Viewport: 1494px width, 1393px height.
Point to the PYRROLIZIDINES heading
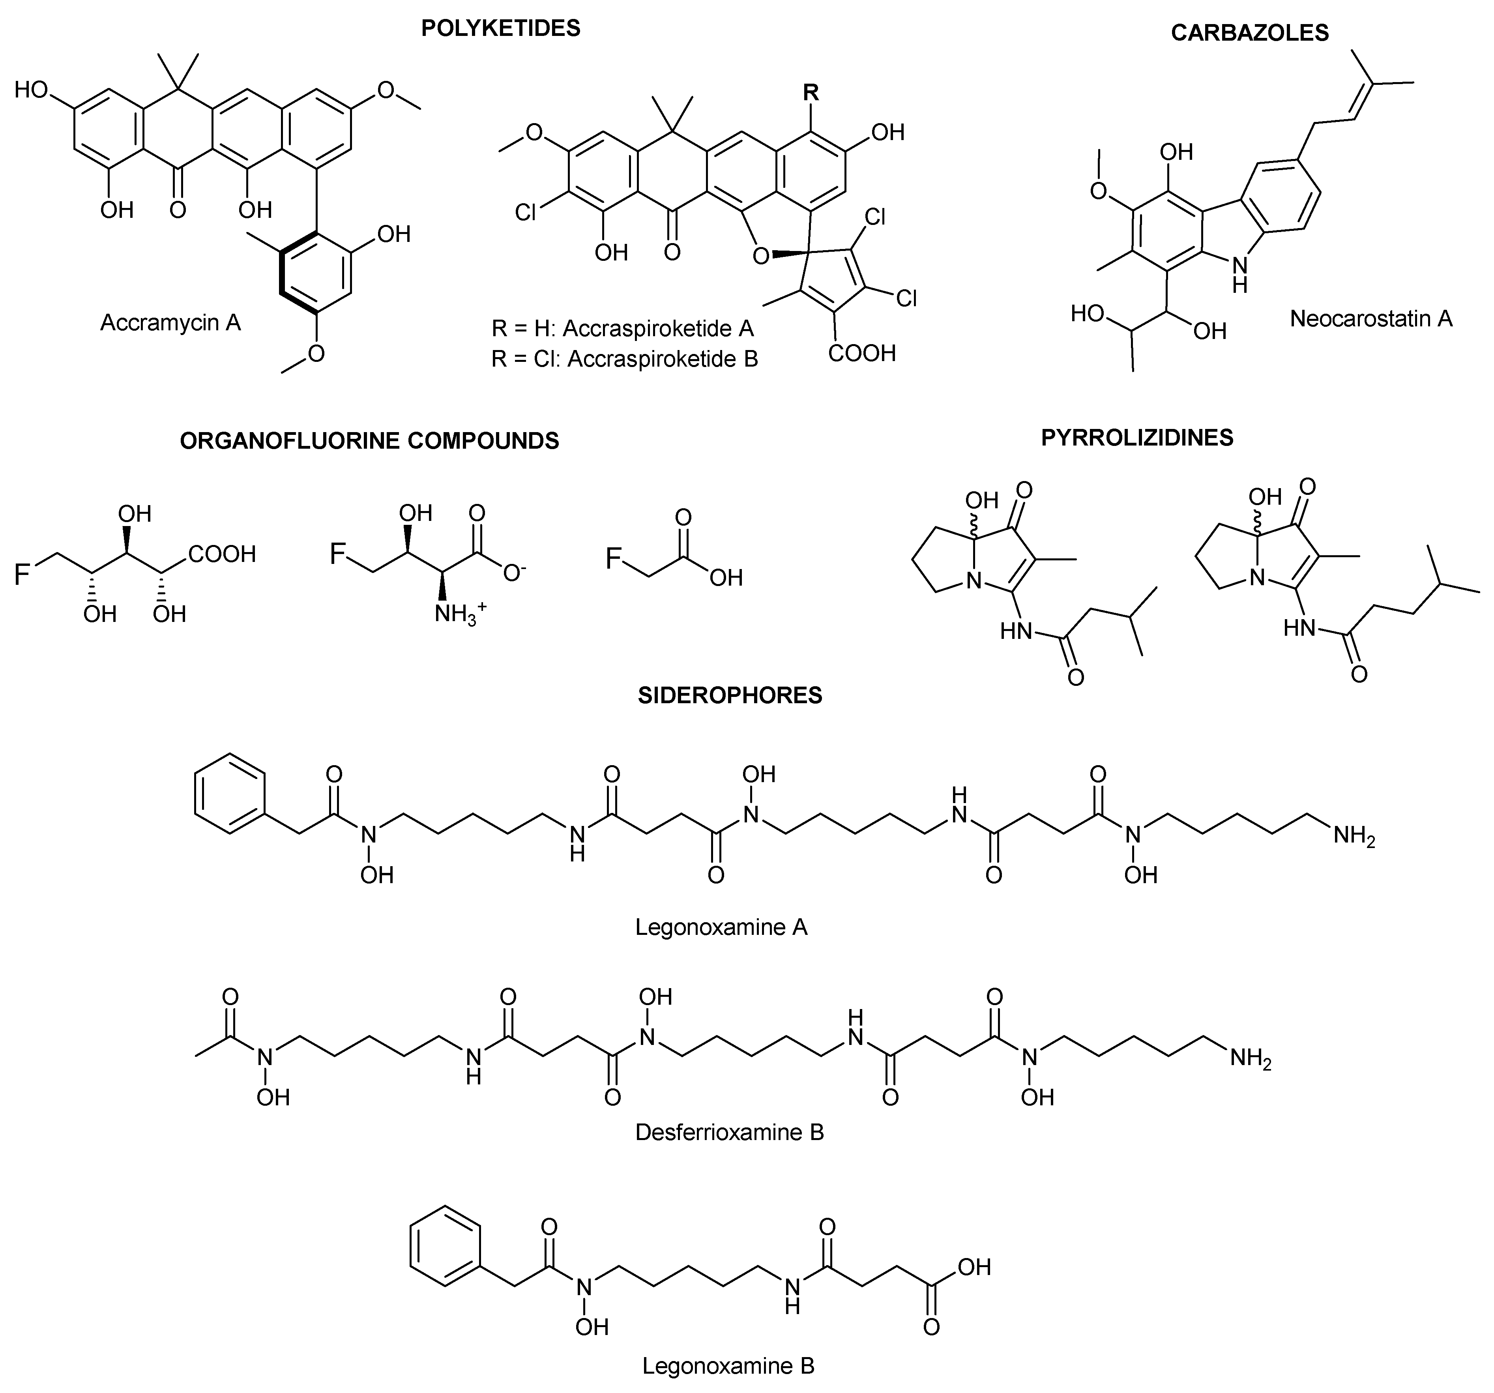1137,438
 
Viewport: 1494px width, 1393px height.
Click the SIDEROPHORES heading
730,695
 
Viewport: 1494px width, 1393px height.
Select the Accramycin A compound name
170,323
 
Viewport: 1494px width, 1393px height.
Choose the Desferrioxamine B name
729,1132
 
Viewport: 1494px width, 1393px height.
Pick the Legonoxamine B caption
727,1365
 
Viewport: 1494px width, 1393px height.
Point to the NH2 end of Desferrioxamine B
1250,1060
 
